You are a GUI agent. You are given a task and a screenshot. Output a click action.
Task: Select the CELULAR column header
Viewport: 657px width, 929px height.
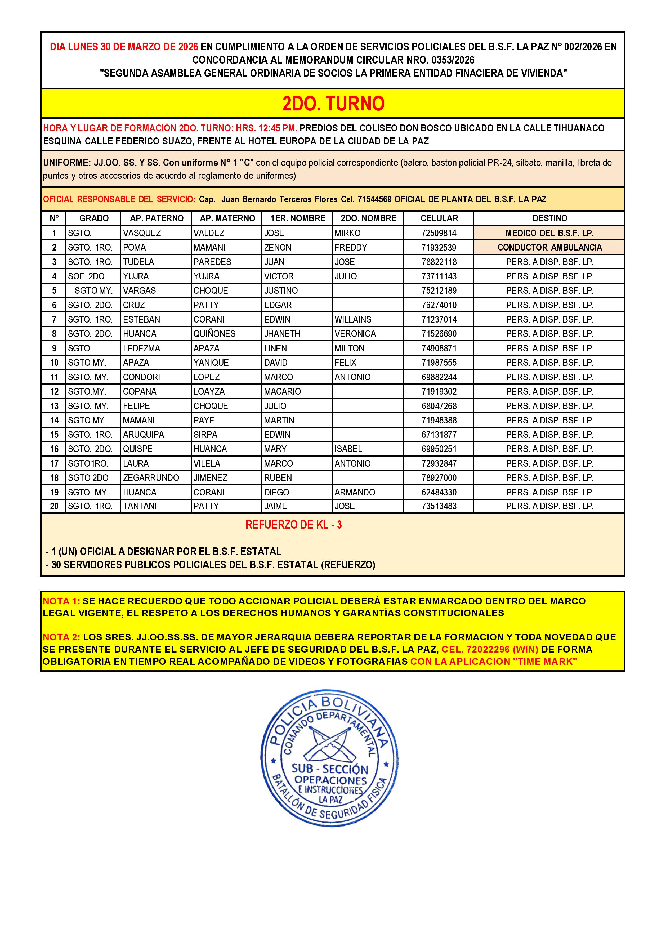pos(439,218)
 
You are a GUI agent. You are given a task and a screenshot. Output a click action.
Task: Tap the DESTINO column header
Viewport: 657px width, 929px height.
pos(549,218)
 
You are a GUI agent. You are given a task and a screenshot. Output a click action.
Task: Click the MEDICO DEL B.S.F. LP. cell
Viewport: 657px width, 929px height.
pos(549,233)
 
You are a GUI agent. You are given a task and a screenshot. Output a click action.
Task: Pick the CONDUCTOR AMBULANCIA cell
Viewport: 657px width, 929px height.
pos(549,248)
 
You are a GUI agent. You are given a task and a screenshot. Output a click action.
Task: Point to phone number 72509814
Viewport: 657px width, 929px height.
pos(439,233)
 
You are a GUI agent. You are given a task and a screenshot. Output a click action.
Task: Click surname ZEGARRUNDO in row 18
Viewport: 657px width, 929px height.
pos(151,478)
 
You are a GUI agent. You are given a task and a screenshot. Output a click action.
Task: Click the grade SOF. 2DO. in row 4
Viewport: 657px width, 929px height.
pos(87,276)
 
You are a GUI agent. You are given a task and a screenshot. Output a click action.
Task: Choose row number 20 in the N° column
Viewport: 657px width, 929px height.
pos(54,506)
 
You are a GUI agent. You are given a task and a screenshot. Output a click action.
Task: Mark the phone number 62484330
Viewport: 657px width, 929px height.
pos(439,492)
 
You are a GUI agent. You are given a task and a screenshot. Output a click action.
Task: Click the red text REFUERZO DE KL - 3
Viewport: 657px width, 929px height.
pos(293,525)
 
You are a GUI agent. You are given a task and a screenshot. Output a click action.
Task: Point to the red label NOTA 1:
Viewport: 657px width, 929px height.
pos(61,601)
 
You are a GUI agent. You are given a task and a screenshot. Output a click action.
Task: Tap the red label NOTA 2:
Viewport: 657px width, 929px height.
pos(61,637)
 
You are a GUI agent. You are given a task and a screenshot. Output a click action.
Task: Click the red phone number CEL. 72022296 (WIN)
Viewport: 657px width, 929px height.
pos(490,649)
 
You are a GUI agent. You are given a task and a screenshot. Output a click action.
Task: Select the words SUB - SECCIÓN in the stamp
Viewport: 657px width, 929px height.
pos(330,769)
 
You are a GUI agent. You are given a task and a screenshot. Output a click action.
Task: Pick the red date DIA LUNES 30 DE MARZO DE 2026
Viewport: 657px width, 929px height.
pos(124,47)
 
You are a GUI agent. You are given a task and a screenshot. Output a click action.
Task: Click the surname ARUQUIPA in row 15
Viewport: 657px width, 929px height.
pos(144,435)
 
